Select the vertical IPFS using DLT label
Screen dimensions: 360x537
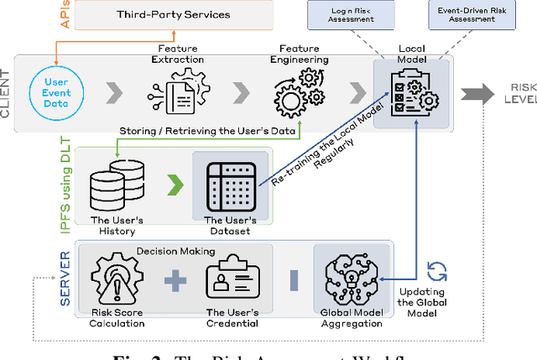point(65,189)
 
